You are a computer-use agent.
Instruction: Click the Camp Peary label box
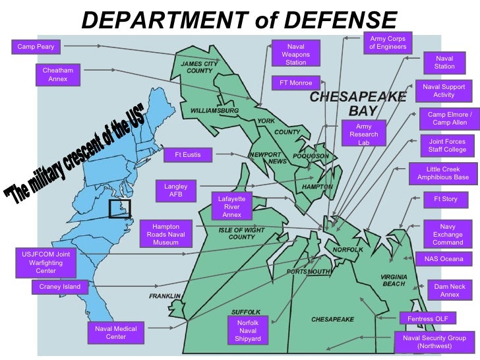pyautogui.click(x=36, y=47)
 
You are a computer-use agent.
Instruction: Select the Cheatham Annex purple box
pyautogui.click(x=58, y=75)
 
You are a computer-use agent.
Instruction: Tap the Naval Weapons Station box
pyautogui.click(x=295, y=54)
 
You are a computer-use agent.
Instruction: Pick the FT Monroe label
pyautogui.click(x=295, y=83)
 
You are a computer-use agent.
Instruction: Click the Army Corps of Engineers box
pyautogui.click(x=388, y=43)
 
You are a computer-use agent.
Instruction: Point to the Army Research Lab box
pyautogui.click(x=363, y=135)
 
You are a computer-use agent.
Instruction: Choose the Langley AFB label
pyautogui.click(x=176, y=191)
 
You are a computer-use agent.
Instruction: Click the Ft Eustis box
pyautogui.click(x=187, y=155)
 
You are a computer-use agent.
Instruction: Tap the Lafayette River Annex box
pyautogui.click(x=231, y=206)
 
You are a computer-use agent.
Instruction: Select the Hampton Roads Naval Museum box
pyautogui.click(x=165, y=234)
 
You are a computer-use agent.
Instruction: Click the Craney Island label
pyautogui.click(x=60, y=287)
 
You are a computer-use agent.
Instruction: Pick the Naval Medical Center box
pyautogui.click(x=115, y=333)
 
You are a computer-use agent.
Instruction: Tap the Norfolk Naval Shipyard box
pyautogui.click(x=248, y=330)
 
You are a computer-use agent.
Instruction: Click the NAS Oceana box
pyautogui.click(x=444, y=259)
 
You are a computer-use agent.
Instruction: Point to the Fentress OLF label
pyautogui.click(x=427, y=318)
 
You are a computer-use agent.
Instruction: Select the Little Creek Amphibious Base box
pyautogui.click(x=443, y=173)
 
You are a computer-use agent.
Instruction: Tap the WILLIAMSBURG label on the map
pyautogui.click(x=214, y=111)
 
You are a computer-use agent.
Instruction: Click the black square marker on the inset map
pyautogui.click(x=119, y=208)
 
